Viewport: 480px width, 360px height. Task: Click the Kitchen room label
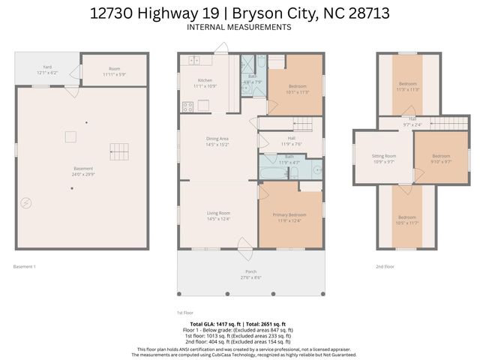(205, 83)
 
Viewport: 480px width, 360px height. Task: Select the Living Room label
(218, 216)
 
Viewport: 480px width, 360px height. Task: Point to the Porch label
(250, 274)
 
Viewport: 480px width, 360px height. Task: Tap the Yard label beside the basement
(46, 70)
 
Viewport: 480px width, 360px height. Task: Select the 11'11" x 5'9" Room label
(114, 71)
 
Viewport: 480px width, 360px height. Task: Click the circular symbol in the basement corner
(26, 202)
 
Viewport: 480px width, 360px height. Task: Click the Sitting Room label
(382, 158)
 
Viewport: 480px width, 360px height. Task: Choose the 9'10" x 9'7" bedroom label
(441, 158)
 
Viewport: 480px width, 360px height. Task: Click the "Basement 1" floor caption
(25, 266)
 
